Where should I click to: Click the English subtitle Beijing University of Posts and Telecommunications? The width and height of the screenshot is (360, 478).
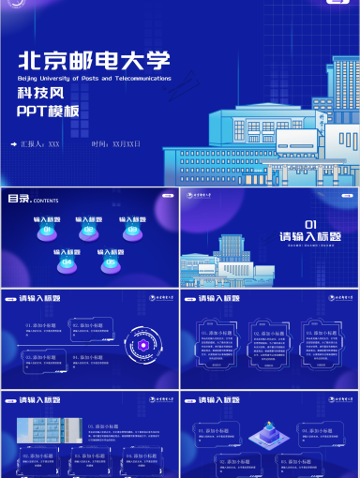tap(95, 79)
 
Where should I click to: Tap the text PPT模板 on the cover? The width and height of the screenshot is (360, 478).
tap(48, 112)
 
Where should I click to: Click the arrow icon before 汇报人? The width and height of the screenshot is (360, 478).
tap(13, 144)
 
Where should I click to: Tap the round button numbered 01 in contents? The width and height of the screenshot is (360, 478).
tap(42, 232)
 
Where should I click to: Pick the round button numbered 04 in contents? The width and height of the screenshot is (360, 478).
tap(66, 263)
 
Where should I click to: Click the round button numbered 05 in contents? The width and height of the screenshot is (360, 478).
tap(111, 263)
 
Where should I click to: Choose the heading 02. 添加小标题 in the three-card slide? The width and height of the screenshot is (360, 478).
tap(269, 333)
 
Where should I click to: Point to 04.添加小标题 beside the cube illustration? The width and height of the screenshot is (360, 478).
tap(317, 461)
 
